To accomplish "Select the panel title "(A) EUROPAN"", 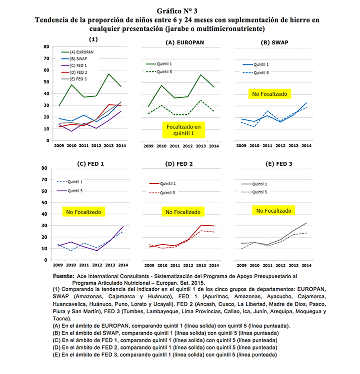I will pos(185,43).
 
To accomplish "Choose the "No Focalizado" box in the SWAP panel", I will pos(269,94).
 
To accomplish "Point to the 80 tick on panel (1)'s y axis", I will pos(46,46).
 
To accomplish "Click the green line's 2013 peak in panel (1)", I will pos(109,74).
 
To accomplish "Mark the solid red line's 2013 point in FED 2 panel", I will pos(200,225).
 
